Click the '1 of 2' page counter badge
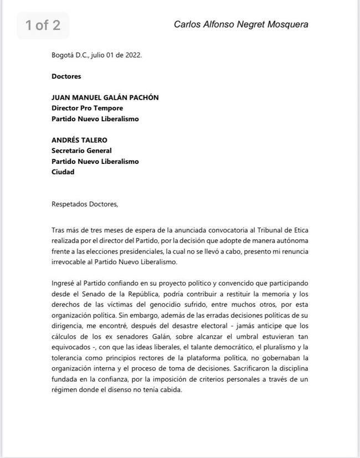(x=43, y=25)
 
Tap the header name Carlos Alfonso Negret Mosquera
(x=241, y=24)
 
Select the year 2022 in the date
(x=132, y=55)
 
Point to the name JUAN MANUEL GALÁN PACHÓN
(x=105, y=97)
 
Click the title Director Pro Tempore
(x=87, y=108)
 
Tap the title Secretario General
(x=81, y=151)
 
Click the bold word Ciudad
(x=63, y=172)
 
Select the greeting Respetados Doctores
(x=85, y=204)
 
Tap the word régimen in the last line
(x=66, y=389)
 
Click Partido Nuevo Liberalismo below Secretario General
(x=95, y=161)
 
